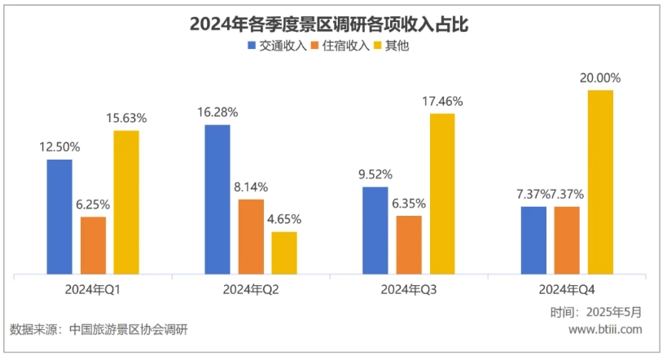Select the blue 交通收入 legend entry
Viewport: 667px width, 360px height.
[x=276, y=46]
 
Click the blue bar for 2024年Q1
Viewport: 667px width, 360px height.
[x=59, y=217]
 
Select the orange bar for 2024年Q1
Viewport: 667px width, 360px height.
[x=94, y=245]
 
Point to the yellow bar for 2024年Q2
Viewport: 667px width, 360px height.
[x=284, y=253]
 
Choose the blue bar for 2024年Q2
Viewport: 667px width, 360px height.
[x=217, y=200]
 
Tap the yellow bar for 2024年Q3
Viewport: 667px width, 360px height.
[x=442, y=194]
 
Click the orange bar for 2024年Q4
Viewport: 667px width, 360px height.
[x=567, y=240]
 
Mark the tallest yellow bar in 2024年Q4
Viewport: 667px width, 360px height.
[x=600, y=182]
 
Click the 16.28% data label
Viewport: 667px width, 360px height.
[x=217, y=111]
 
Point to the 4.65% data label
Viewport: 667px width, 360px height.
[x=284, y=218]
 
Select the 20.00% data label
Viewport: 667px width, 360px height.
[x=600, y=78]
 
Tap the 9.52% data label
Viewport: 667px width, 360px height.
[x=375, y=173]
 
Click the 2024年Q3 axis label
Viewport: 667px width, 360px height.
[x=408, y=290]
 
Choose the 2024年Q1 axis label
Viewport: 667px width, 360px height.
[x=93, y=290]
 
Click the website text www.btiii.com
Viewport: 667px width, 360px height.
[x=604, y=329]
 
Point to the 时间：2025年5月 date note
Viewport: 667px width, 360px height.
[x=596, y=311]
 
